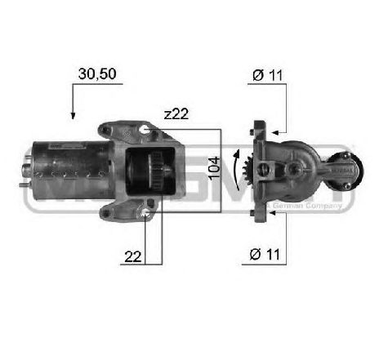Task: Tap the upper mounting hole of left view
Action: [x=145, y=129]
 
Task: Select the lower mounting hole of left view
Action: [x=145, y=215]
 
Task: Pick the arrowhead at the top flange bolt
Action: [x=275, y=130]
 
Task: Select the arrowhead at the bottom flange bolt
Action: [x=275, y=214]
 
